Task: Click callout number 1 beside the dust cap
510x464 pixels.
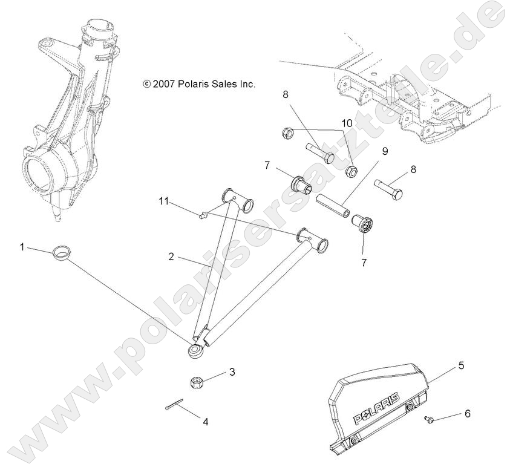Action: tap(22, 247)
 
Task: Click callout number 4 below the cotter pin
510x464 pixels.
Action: tap(205, 422)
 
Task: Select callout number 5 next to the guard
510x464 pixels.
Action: tap(461, 365)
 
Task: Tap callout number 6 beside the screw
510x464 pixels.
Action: tap(466, 414)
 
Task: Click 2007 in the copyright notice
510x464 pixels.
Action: tap(164, 85)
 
